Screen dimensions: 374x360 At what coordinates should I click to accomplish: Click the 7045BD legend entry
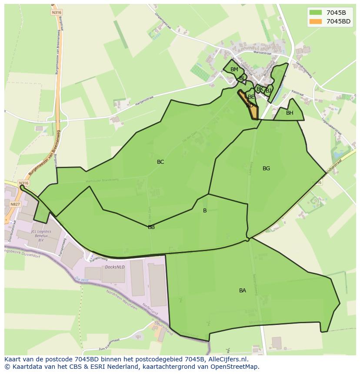(x=338, y=21)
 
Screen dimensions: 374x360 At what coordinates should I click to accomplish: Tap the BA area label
(x=243, y=291)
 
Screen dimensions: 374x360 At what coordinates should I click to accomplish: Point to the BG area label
(x=267, y=169)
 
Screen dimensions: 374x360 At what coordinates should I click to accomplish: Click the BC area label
(x=160, y=162)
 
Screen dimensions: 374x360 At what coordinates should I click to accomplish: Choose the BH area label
(x=290, y=113)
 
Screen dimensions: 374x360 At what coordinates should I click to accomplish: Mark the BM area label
(x=234, y=70)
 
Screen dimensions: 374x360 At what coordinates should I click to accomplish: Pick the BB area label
(x=151, y=227)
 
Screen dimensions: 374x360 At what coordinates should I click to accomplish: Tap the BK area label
(x=260, y=89)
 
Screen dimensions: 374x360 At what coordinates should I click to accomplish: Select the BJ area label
(x=269, y=91)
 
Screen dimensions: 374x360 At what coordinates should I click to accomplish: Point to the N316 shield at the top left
(x=56, y=12)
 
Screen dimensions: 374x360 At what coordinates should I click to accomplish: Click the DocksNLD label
(x=114, y=267)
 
